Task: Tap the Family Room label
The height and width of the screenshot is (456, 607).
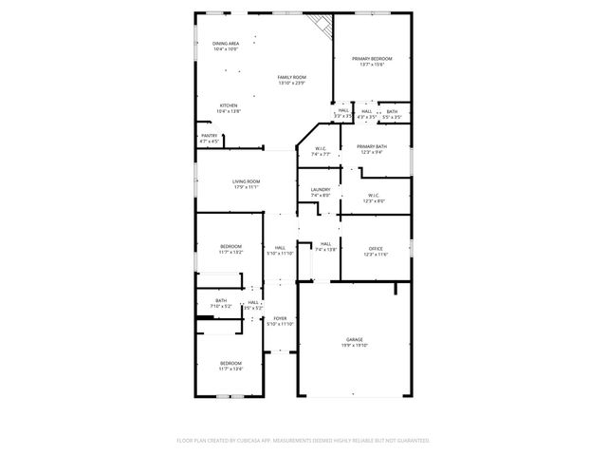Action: click(x=292, y=80)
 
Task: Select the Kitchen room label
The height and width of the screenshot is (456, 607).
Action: click(x=229, y=108)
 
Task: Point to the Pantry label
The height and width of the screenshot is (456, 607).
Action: click(x=210, y=138)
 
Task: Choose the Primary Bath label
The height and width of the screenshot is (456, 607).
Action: click(x=372, y=149)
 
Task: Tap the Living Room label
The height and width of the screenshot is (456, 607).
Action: click(x=247, y=184)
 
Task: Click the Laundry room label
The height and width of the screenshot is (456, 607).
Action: click(x=321, y=192)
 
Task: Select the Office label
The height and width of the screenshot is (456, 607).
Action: click(x=377, y=251)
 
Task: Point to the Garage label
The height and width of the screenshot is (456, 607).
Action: click(x=355, y=342)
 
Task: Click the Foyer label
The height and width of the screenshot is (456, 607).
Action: click(x=280, y=320)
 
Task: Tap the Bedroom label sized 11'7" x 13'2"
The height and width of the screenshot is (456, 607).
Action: click(x=231, y=249)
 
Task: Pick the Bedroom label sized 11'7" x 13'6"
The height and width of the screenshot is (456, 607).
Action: click(x=231, y=365)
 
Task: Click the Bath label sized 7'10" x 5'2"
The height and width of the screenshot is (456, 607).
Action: click(x=220, y=304)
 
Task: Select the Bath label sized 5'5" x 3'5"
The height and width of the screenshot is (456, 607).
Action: click(x=392, y=114)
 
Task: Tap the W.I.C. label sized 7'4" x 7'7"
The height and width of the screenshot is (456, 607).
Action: click(x=321, y=151)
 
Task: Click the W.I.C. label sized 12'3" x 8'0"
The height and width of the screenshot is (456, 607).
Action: click(x=375, y=198)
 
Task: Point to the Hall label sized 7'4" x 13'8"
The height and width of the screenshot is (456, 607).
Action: click(x=325, y=246)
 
